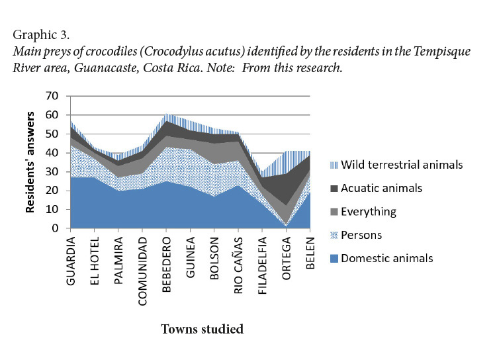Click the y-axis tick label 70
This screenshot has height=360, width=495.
coord(52,97)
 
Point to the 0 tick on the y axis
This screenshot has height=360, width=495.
coord(55,229)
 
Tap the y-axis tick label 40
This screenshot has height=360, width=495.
coord(52,153)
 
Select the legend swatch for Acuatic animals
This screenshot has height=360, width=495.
coord(335,187)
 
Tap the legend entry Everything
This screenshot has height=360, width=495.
coord(371,211)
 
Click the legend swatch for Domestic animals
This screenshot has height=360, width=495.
coord(335,258)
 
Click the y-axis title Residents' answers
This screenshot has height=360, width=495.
coord(30,162)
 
